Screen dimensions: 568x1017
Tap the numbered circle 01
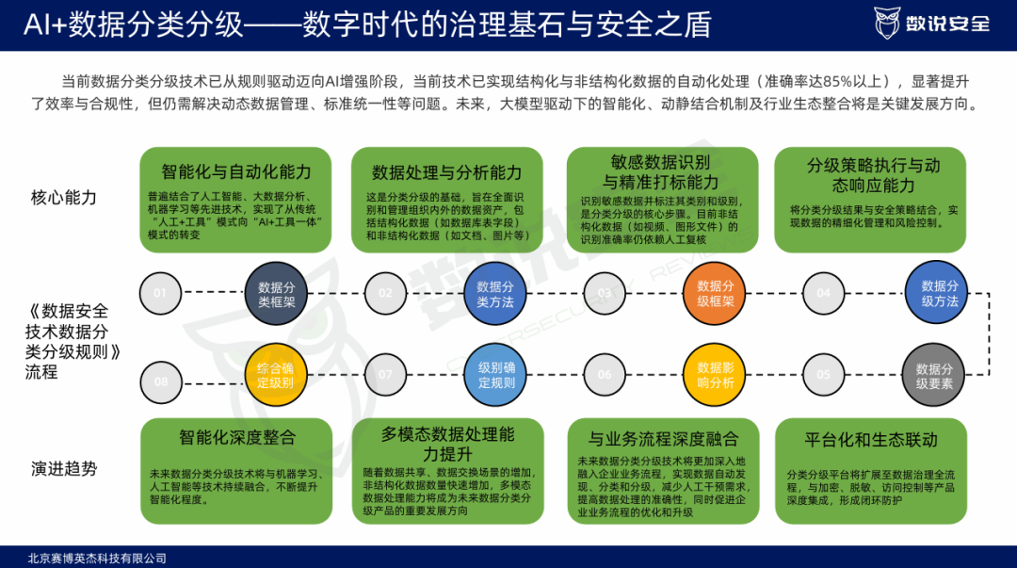pos(161,293)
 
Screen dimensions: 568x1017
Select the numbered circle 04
pos(824,293)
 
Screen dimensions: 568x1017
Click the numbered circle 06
pos(605,375)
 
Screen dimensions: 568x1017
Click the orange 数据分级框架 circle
pos(715,293)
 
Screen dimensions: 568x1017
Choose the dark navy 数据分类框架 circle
pos(276,293)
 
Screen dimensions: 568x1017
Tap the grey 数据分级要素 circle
pos(934,375)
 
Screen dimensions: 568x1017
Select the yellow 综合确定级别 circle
pos(276,375)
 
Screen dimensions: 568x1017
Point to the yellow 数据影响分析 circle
pos(715,375)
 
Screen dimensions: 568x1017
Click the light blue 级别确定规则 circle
pos(495,375)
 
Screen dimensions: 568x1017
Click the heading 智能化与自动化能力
pos(236,172)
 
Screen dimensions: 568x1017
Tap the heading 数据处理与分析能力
pos(446,172)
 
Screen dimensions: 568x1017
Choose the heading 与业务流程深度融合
pos(663,439)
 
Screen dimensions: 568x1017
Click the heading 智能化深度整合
pos(236,438)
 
